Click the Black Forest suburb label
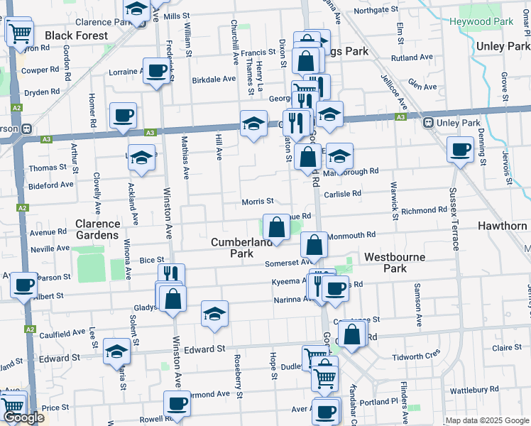point(76,35)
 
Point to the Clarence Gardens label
point(97,229)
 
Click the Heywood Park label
point(481,22)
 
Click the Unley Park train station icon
point(429,122)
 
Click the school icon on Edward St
point(117,351)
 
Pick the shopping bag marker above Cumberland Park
point(276,228)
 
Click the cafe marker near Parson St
point(23,285)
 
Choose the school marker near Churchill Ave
point(253,124)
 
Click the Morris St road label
point(258,202)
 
